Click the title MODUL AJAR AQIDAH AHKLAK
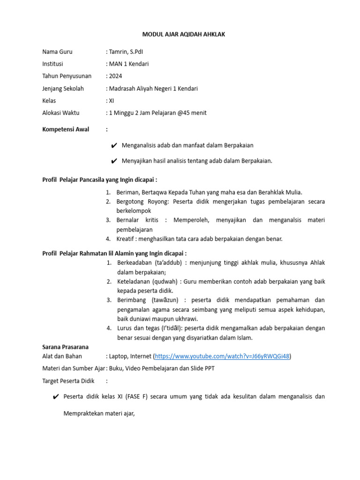[180, 35]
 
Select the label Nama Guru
[57, 52]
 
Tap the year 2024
[116, 76]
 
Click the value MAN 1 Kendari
[129, 64]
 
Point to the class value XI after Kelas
[112, 100]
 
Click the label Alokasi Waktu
[61, 112]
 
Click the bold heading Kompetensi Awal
[66, 129]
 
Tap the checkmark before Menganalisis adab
[114, 146]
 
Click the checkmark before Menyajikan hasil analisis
[114, 161]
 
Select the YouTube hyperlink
[222, 356]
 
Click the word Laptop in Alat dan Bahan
[119, 356]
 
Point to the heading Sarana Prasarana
[65, 347]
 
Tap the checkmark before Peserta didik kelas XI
[56, 397]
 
